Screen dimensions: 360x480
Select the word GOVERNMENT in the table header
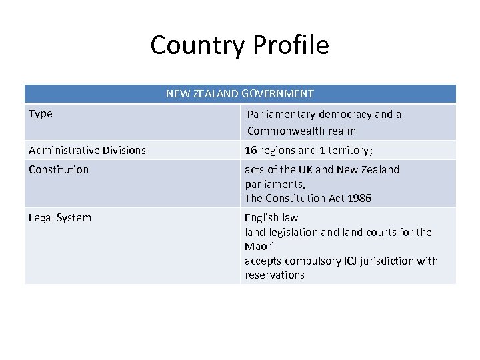click(279, 94)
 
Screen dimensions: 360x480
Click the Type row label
click(41, 114)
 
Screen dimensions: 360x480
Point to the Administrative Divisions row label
click(87, 151)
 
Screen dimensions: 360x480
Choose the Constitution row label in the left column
click(59, 170)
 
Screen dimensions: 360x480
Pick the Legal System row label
click(60, 218)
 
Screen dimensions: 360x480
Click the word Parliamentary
click(281, 115)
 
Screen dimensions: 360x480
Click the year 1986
click(358, 199)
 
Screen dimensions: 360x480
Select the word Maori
click(259, 247)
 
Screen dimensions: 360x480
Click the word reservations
click(274, 275)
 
